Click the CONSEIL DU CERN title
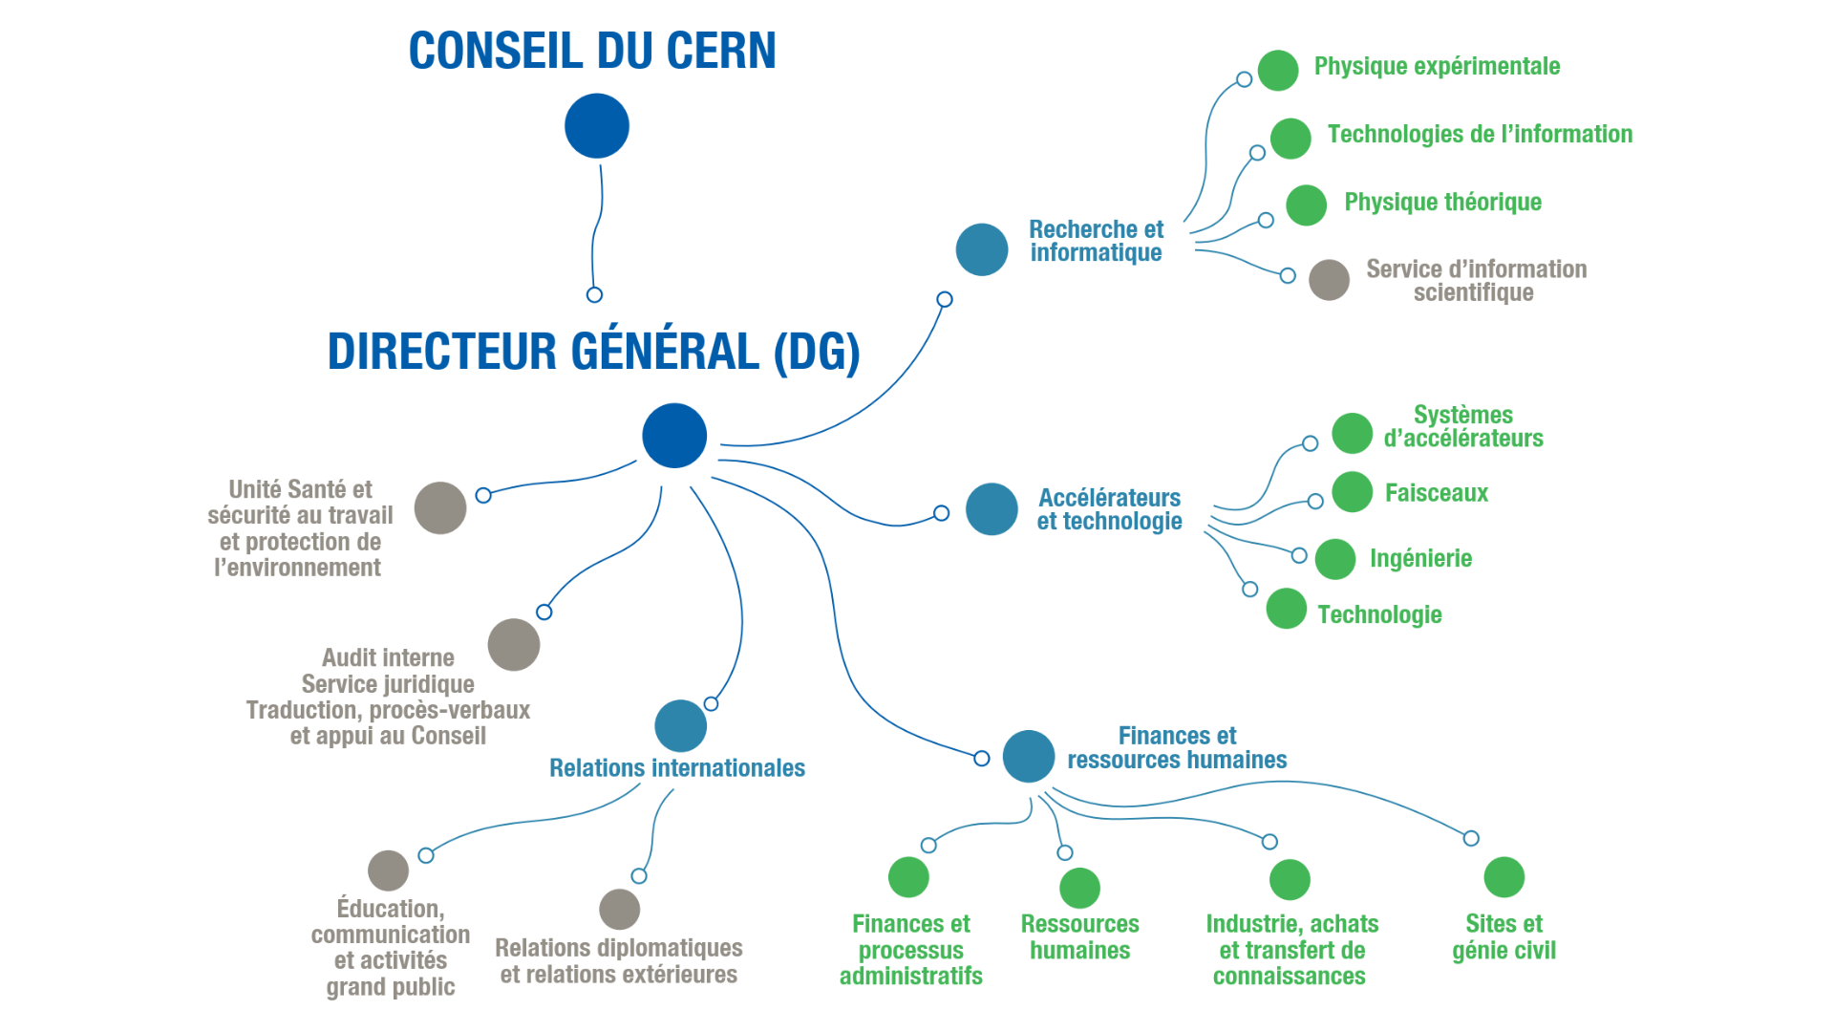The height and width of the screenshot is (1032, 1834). click(x=592, y=51)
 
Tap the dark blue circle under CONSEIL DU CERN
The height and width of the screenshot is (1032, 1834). click(x=597, y=126)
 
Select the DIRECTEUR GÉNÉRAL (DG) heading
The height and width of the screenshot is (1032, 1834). click(x=593, y=352)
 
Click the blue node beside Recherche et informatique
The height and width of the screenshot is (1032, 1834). click(x=982, y=249)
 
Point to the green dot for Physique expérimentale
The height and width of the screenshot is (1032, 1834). click(x=1278, y=70)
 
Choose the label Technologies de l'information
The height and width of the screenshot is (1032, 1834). click(x=1480, y=134)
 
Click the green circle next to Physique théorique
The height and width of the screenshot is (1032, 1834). click(x=1306, y=204)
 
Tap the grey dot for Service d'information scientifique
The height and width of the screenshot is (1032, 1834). click(x=1329, y=280)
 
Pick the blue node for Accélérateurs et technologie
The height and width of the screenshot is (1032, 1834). click(x=992, y=508)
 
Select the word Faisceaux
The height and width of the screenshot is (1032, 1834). click(x=1436, y=493)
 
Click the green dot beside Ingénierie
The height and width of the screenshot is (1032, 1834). click(x=1335, y=559)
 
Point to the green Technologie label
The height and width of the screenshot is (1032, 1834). click(x=1379, y=614)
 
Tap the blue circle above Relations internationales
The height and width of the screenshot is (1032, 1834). click(x=681, y=726)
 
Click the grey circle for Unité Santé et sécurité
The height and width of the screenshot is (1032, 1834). click(x=440, y=507)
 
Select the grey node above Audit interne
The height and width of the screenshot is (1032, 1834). click(x=514, y=645)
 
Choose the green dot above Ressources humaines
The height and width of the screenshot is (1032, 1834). click(x=1079, y=888)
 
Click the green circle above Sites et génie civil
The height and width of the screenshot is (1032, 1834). click(x=1504, y=877)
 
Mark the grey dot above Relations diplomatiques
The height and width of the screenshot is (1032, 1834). click(x=619, y=909)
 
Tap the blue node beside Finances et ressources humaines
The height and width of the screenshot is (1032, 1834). click(x=1029, y=756)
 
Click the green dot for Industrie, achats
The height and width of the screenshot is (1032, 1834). click(x=1290, y=879)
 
